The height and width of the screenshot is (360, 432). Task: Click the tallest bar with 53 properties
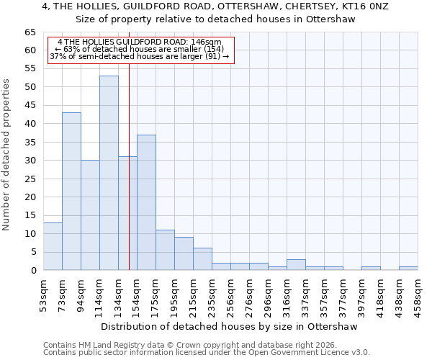pyautogui.click(x=109, y=173)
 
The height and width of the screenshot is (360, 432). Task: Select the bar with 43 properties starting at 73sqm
pyautogui.click(x=71, y=191)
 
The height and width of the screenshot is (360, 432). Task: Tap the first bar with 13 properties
pyautogui.click(x=53, y=246)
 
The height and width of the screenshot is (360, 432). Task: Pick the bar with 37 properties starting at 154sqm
pyautogui.click(x=146, y=202)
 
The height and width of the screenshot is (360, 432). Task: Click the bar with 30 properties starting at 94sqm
pyautogui.click(x=90, y=215)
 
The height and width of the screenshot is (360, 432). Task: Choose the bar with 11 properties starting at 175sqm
pyautogui.click(x=165, y=250)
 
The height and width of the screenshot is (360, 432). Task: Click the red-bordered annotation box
pyautogui.click(x=141, y=50)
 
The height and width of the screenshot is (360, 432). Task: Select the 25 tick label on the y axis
pyautogui.click(x=30, y=179)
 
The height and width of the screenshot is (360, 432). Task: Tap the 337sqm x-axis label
pyautogui.click(x=305, y=294)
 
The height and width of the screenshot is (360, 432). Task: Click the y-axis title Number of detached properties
pyautogui.click(x=7, y=155)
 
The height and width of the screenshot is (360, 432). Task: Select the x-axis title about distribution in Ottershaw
pyautogui.click(x=229, y=327)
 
